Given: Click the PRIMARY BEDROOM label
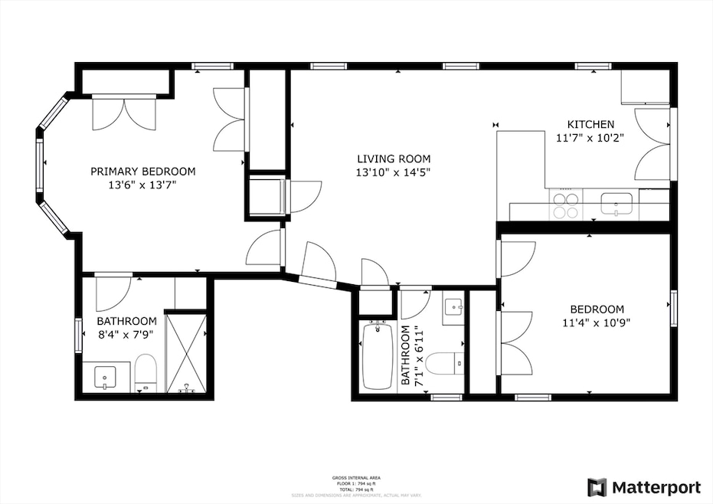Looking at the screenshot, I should click(142, 172).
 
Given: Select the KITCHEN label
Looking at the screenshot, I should click(590, 125).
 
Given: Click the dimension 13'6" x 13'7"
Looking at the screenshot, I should click(142, 185).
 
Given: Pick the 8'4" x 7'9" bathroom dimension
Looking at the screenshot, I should click(126, 335).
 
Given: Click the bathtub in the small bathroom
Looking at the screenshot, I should click(376, 355).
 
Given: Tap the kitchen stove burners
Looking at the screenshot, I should click(566, 205).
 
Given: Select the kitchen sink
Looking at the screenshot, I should click(616, 204).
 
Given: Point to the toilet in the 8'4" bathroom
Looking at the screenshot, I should click(145, 371).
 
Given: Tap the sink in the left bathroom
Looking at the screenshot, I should click(105, 377).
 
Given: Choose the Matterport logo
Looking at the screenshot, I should click(643, 487).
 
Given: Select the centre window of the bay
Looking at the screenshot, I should click(39, 163).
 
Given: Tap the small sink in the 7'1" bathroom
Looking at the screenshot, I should click(454, 307).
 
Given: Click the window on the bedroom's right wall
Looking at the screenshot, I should click(674, 308).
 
